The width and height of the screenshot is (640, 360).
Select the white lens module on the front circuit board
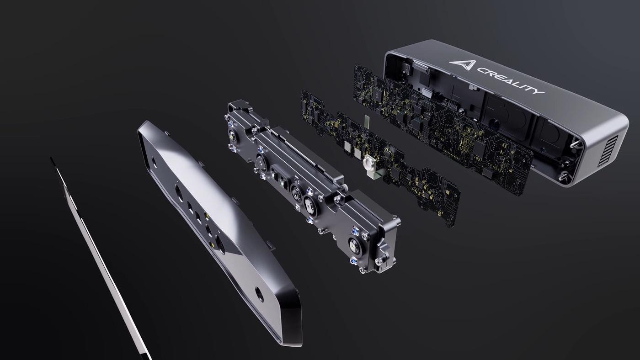pyautogui.click(x=368, y=163)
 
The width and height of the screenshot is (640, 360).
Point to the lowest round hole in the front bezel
pyautogui.click(x=259, y=295)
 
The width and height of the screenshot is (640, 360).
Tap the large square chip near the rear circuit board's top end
pyautogui.click(x=379, y=94)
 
